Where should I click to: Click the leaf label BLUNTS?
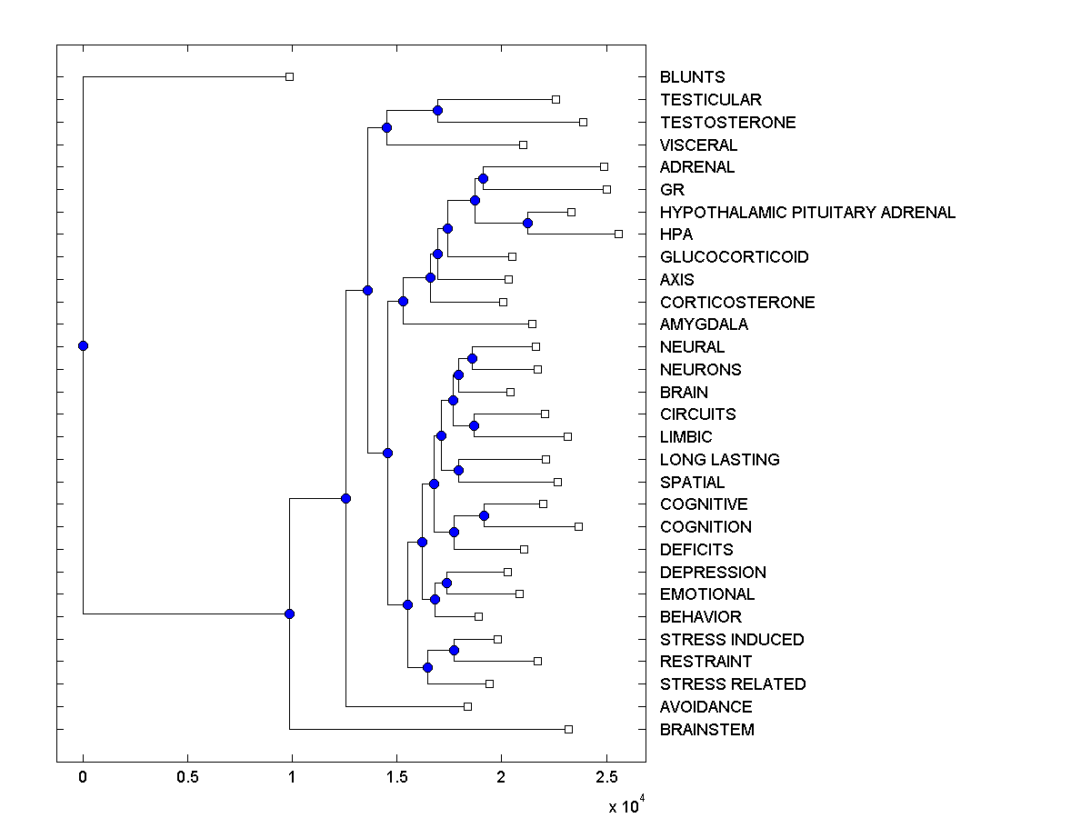pos(692,77)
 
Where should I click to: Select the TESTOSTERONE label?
pos(727,123)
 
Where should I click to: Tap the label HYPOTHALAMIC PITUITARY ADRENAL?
pos(807,213)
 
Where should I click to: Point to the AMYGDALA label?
pos(704,324)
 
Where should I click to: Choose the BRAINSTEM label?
pos(706,730)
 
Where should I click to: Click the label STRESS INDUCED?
pos(731,640)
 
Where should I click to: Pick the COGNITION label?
pos(706,527)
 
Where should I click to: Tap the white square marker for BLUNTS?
pos(289,77)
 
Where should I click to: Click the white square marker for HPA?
pos(618,234)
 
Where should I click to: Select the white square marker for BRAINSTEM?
pos(568,729)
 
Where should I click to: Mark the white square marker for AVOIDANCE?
pos(467,706)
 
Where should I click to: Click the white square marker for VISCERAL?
pos(523,145)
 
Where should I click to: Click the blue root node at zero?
pos(83,345)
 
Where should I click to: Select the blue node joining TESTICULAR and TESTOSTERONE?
pos(437,110)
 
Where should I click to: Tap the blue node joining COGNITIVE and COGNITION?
pos(484,516)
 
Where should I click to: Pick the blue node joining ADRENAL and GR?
pos(483,178)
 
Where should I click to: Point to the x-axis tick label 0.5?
pos(187,778)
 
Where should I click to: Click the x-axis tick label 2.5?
pos(606,778)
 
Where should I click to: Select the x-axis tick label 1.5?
pos(396,778)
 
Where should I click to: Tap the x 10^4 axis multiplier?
pos(626,805)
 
